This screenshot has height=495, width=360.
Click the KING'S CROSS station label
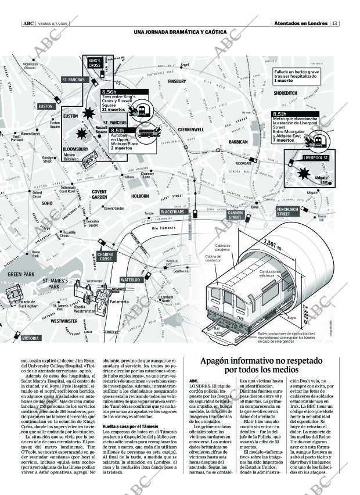tap(95, 63)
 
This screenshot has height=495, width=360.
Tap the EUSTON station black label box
tap(45, 106)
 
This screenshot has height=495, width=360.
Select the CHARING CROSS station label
tap(106, 256)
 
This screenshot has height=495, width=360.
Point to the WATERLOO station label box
tap(131, 280)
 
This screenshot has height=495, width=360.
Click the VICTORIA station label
tap(30, 338)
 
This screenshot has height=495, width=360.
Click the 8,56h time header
tap(109, 92)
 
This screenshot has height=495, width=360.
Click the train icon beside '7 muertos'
tap(318, 139)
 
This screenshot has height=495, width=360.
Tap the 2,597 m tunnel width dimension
tap(272, 245)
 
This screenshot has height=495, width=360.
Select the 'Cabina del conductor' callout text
tap(213, 259)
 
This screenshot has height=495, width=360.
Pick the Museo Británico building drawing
tap(90, 162)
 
